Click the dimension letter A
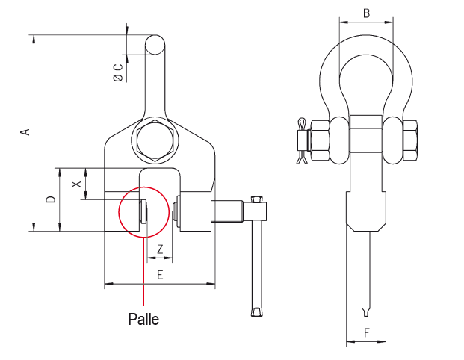(26, 132)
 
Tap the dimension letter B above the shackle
(366, 13)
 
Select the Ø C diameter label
(118, 72)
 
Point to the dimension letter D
(52, 199)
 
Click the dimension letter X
(77, 184)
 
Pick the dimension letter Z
(160, 249)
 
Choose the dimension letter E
(160, 275)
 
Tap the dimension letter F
(366, 333)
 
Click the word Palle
(143, 320)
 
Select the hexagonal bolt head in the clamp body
(155, 141)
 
